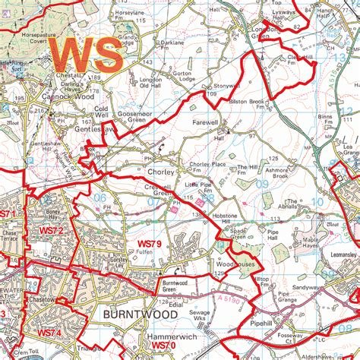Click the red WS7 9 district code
pos(150,243)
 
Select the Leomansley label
pos(339,259)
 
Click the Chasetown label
pos(24,300)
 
